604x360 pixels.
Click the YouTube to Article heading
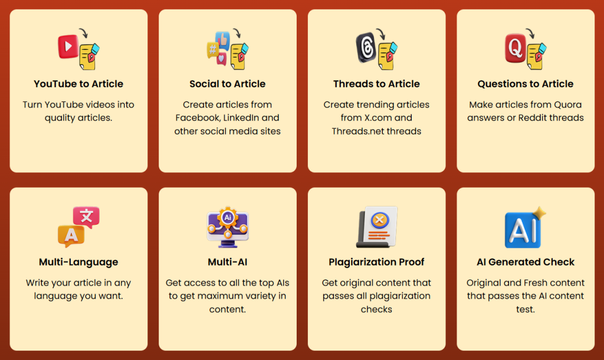(78, 84)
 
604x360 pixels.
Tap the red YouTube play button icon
(68, 46)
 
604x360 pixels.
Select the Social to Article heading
(228, 84)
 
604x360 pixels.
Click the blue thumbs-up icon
(223, 39)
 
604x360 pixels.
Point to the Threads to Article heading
(376, 84)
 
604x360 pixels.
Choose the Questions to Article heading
(526, 84)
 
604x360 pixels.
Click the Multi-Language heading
(78, 262)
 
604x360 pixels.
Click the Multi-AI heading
(228, 262)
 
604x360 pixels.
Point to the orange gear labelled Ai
(228, 217)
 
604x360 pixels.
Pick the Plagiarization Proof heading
(376, 262)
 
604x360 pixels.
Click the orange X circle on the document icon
(380, 221)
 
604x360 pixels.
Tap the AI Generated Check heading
(526, 262)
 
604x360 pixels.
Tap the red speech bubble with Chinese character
(86, 217)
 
